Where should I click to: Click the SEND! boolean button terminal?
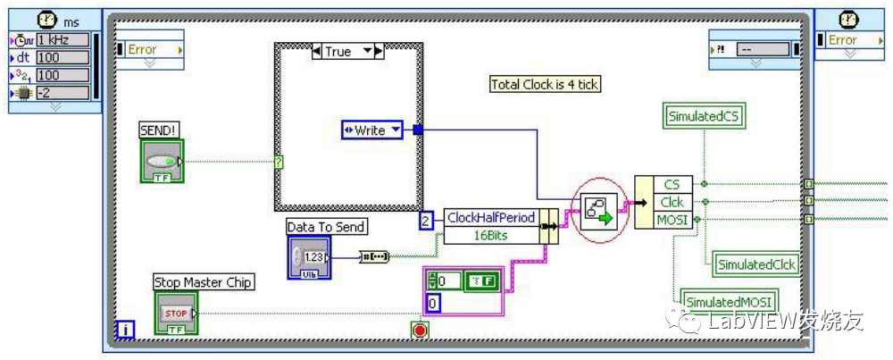coord(162,162)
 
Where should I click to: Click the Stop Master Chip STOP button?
coord(176,314)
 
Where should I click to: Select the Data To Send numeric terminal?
coord(309,257)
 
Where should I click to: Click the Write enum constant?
coord(371,130)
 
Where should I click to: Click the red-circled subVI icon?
coord(600,211)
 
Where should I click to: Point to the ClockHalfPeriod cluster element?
coord(491,217)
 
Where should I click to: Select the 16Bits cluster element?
coord(491,234)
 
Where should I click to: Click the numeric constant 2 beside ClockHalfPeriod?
coord(427,219)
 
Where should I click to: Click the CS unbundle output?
coord(671,184)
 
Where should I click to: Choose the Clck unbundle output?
coord(671,201)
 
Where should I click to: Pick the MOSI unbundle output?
coord(671,219)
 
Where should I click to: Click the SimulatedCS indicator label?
coord(705,115)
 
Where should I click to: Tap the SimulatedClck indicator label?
coord(756,264)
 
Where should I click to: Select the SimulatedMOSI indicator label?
coord(728,301)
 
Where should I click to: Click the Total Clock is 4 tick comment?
coord(546,85)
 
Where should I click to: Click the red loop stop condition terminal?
coord(420,331)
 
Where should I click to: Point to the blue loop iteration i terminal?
coord(125,331)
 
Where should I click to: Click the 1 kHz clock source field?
coord(62,39)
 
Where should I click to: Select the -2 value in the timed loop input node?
coord(62,93)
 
